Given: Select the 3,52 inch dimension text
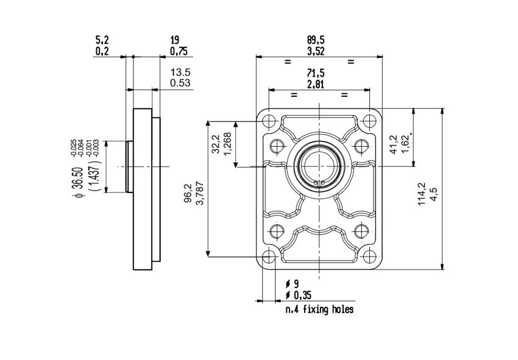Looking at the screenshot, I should click(x=316, y=51).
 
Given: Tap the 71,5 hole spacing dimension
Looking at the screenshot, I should click(x=316, y=73).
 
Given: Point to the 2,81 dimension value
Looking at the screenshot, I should click(x=316, y=84).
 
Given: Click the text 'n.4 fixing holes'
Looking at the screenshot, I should click(x=319, y=309).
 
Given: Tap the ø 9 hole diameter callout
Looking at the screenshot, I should click(x=292, y=284).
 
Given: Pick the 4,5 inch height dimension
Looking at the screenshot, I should click(x=433, y=196).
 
